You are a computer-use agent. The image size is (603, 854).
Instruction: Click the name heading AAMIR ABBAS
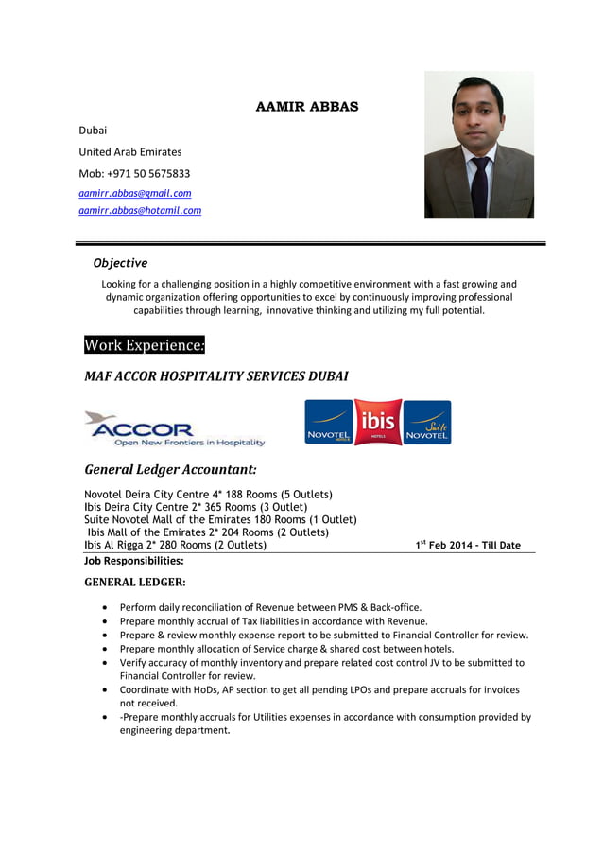[307, 107]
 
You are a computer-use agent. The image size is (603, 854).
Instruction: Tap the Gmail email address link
[134, 193]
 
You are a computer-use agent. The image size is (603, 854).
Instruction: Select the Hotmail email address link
[140, 211]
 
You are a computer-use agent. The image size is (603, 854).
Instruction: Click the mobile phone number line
[134, 174]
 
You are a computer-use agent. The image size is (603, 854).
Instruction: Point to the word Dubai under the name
[93, 130]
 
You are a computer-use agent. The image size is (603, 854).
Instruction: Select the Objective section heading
[120, 263]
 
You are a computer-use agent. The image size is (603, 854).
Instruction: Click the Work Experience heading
[145, 345]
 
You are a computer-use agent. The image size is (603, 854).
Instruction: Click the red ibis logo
[378, 422]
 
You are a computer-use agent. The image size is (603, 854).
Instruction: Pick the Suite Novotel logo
[427, 423]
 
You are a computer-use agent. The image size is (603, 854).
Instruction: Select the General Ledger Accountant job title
[171, 469]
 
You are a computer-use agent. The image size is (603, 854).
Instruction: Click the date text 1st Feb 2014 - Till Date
[468, 545]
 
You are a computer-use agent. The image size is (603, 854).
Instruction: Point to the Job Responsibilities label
[134, 561]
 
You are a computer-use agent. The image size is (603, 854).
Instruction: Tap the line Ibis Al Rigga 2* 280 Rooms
[176, 545]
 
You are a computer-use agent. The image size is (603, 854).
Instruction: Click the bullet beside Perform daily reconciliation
[104, 608]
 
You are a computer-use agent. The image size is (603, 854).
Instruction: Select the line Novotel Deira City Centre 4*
[208, 495]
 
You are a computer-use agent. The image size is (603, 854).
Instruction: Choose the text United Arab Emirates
[130, 152]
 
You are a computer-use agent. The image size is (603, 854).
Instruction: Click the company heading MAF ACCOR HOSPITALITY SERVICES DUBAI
[216, 376]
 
